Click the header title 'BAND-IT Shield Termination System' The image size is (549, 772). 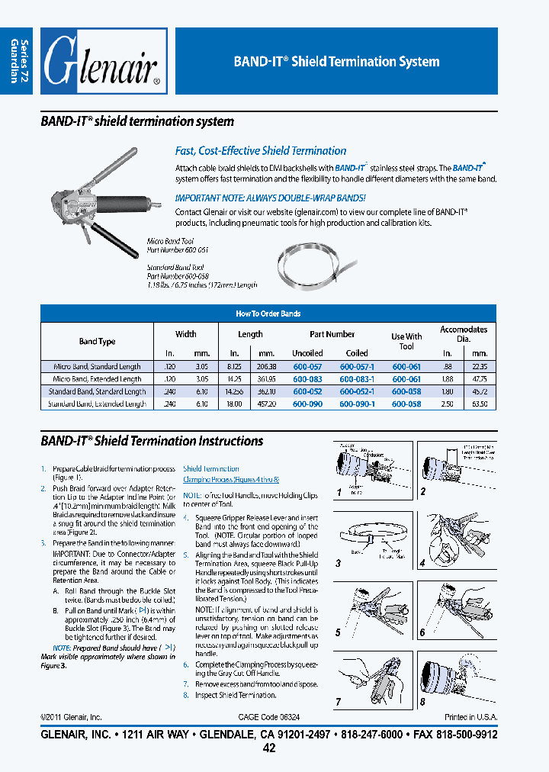tap(335, 62)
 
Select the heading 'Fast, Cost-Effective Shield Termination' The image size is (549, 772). tap(260, 151)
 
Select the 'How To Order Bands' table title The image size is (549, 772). tap(268, 314)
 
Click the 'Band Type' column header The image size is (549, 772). tap(97, 342)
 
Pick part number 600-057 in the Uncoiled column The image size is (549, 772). tap(307, 367)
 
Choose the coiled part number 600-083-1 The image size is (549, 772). tap(357, 379)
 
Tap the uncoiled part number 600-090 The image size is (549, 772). tap(307, 404)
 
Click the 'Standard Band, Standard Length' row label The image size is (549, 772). tap(97, 391)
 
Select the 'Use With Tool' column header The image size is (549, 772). tap(406, 341)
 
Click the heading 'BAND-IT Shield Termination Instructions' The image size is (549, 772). tap(151, 441)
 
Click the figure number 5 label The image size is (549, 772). tap(338, 632)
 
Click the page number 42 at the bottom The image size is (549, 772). tap(268, 748)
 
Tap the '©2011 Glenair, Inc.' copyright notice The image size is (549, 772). tap(71, 717)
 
